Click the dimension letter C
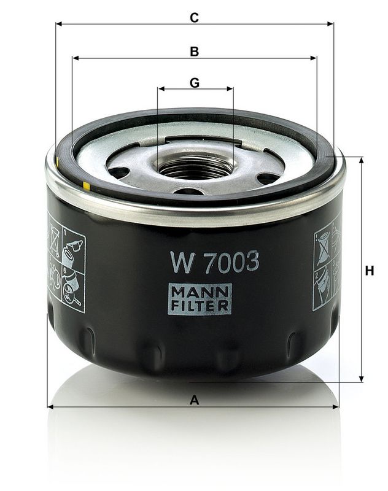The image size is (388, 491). point(194,18)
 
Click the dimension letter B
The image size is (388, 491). point(194,52)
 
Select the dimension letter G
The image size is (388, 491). point(195,82)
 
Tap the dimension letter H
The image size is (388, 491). point(369,271)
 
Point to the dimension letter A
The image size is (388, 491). point(195,400)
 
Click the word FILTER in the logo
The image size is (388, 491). point(200,305)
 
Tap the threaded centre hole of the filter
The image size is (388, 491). point(195,166)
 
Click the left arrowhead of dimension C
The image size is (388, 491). point(59,24)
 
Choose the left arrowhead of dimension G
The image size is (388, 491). point(161,89)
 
